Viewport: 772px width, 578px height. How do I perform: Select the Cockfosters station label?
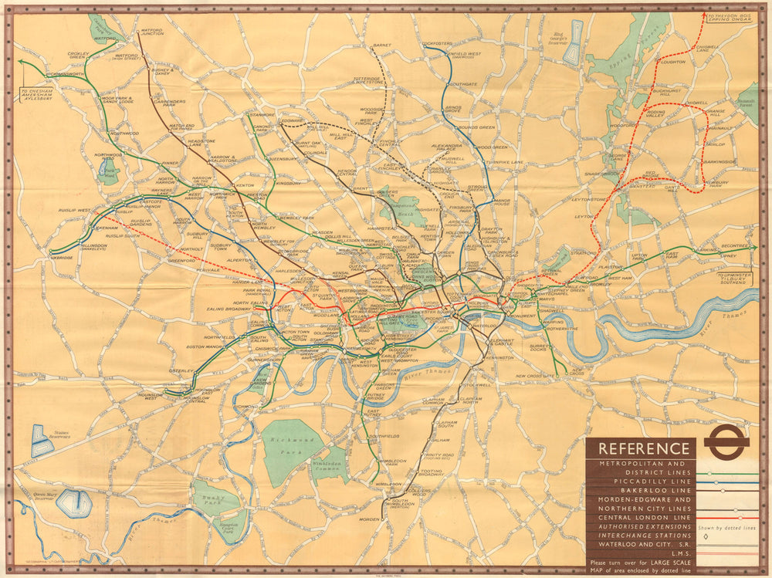pos(437,43)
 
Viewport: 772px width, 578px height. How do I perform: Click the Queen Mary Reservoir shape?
pos(73,503)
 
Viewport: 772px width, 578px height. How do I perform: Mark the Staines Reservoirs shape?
pos(42,440)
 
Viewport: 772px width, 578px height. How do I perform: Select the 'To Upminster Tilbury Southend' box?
pos(734,279)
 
